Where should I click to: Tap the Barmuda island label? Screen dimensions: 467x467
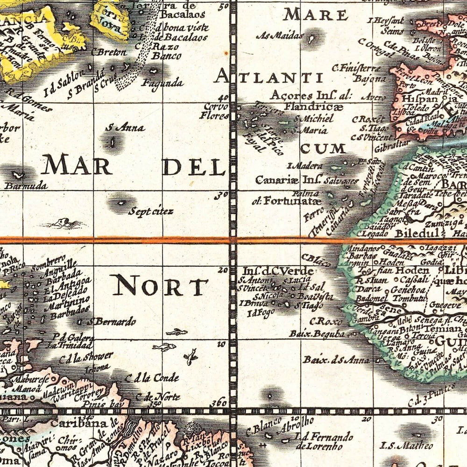[x=26, y=186]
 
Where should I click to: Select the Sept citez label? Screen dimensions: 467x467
[x=150, y=212]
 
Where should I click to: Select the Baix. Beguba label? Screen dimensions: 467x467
[x=317, y=333]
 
